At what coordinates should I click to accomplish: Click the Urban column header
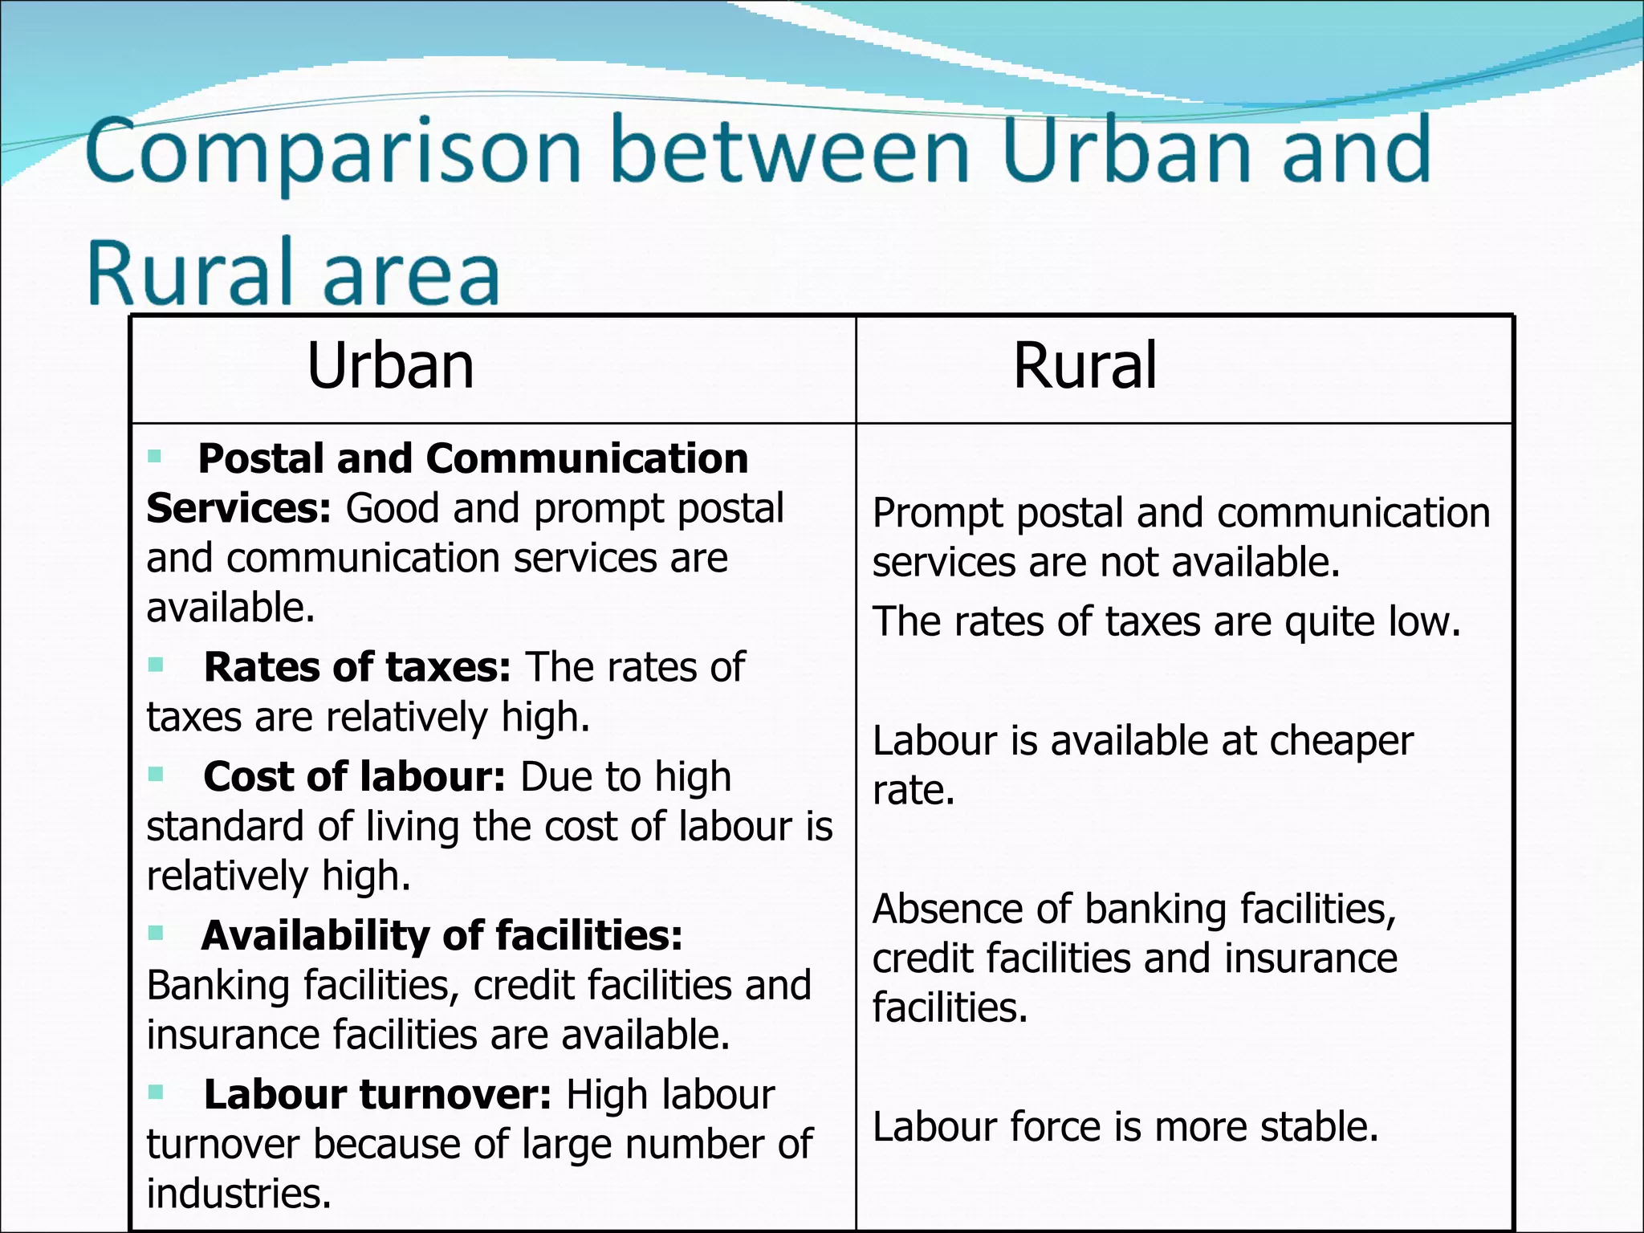(390, 366)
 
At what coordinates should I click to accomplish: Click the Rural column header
(1084, 366)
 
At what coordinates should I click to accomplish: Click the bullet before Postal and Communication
(155, 458)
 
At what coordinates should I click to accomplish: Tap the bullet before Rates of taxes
(156, 665)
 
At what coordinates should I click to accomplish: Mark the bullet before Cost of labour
(156, 775)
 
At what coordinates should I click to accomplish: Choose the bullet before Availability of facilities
(156, 933)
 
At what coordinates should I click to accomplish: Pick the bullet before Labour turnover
(156, 1092)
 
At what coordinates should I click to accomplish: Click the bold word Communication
(587, 459)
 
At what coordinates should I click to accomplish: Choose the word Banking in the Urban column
(218, 986)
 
